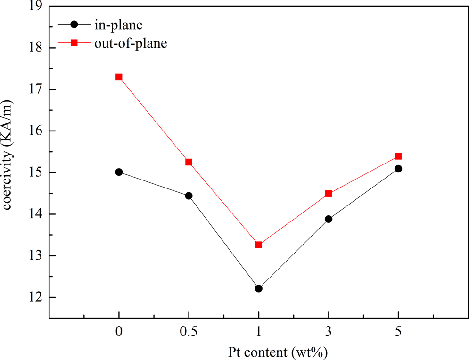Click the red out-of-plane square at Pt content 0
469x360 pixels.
[x=119, y=77]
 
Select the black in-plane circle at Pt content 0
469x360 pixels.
[x=119, y=172]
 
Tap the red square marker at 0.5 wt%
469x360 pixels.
[x=189, y=162]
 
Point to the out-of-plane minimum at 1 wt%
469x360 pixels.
[x=258, y=245]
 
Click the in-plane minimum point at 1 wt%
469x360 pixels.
[x=258, y=288]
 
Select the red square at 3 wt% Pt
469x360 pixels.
[x=329, y=194]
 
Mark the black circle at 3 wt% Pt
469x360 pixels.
[x=329, y=219]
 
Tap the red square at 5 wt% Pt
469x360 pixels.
[x=398, y=156]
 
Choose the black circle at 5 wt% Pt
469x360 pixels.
[x=398, y=169]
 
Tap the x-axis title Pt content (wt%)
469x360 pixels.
[x=258, y=351]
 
